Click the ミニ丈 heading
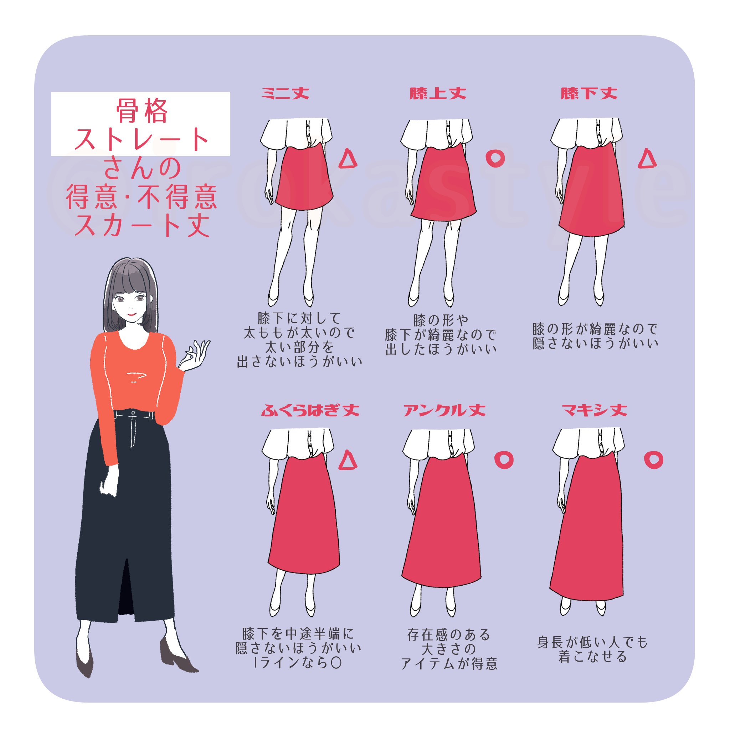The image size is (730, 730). pyautogui.click(x=285, y=93)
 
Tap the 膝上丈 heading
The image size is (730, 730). pyautogui.click(x=438, y=93)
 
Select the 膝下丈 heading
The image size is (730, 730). pyautogui.click(x=589, y=93)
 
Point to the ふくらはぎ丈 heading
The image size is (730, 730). pyautogui.click(x=310, y=410)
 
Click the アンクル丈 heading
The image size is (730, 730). pyautogui.click(x=444, y=410)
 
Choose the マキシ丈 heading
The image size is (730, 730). pyautogui.click(x=594, y=410)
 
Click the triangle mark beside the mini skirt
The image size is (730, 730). pyautogui.click(x=348, y=159)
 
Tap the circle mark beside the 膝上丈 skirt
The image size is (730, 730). pyautogui.click(x=495, y=159)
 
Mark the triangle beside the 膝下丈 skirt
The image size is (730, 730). pyautogui.click(x=647, y=159)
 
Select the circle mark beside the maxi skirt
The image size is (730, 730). pyautogui.click(x=654, y=460)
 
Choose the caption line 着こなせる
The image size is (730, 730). pyautogui.click(x=592, y=657)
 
